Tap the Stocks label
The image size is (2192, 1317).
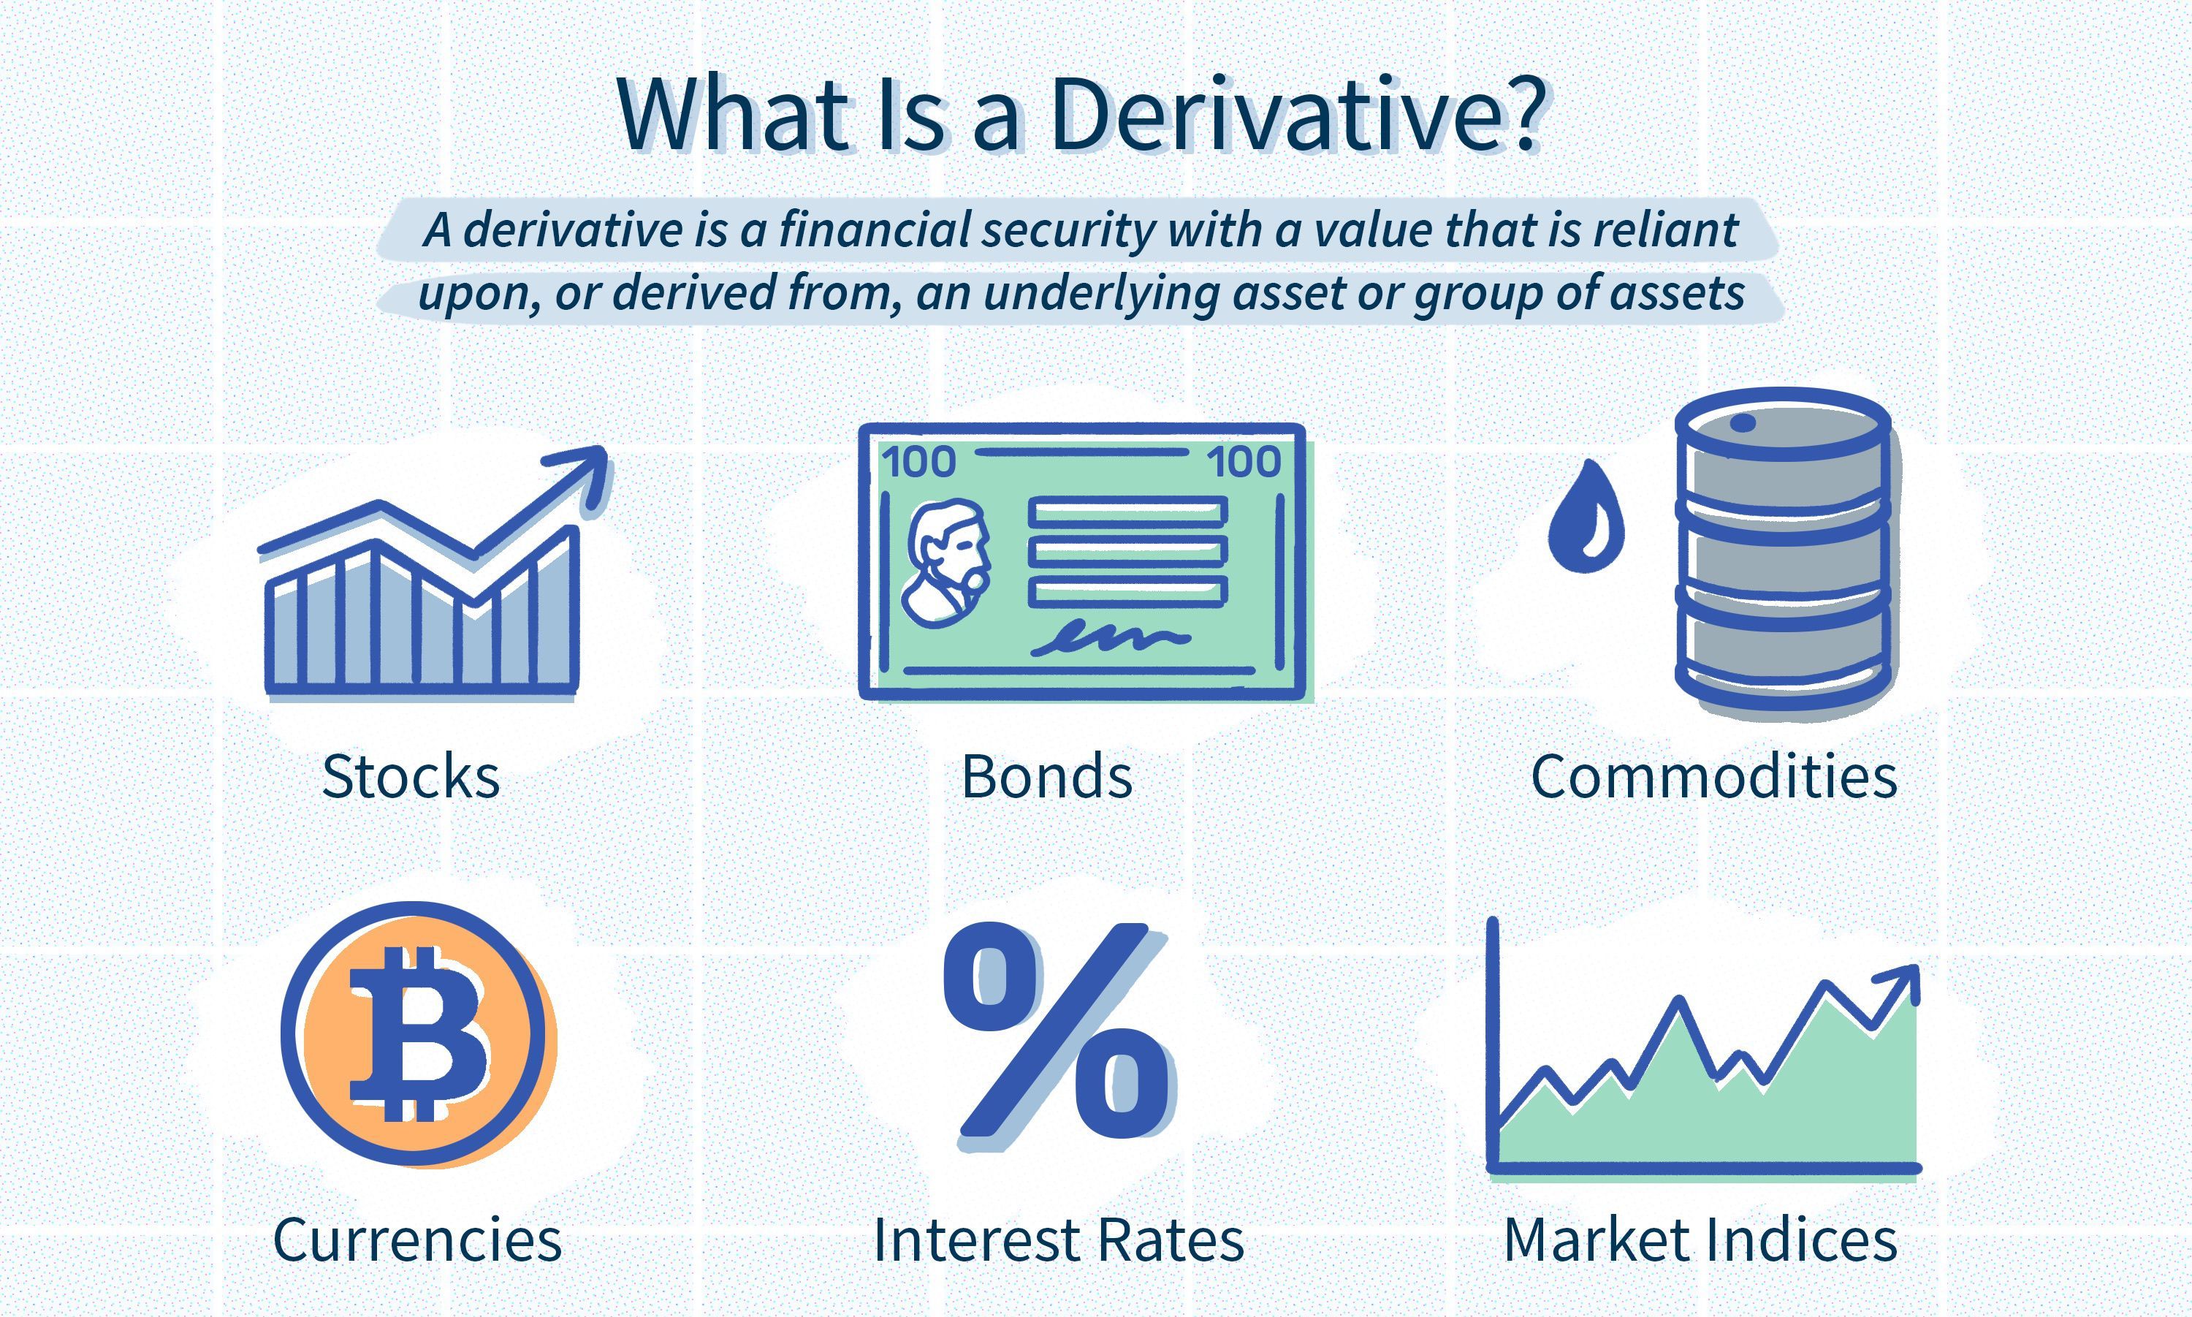click(x=411, y=776)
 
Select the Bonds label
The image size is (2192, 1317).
click(x=1048, y=776)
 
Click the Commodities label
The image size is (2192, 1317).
click(x=1714, y=776)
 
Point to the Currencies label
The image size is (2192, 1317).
click(x=417, y=1239)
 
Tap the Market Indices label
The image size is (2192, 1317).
click(x=1700, y=1239)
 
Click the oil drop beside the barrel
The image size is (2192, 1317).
click(x=1586, y=517)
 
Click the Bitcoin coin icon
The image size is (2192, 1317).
click(x=417, y=1034)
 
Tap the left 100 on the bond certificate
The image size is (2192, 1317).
click(x=918, y=461)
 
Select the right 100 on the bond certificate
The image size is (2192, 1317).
click(x=1244, y=461)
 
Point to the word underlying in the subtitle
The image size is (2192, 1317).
click(x=1099, y=294)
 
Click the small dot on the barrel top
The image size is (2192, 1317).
click(x=1742, y=422)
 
